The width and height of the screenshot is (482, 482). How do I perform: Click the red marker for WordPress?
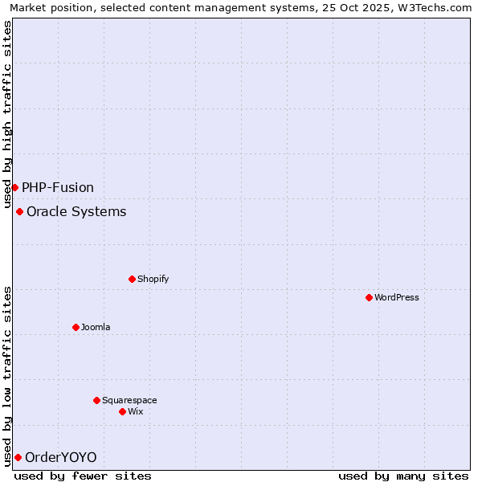pyautogui.click(x=369, y=297)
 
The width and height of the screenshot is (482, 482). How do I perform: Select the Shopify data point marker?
pyautogui.click(x=132, y=279)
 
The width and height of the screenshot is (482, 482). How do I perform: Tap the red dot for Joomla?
pyautogui.click(x=76, y=327)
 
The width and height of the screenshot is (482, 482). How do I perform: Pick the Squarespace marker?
pyautogui.click(x=96, y=400)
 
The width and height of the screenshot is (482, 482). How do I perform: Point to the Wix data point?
pyautogui.click(x=122, y=411)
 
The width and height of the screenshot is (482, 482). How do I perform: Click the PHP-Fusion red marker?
pyautogui.click(x=14, y=187)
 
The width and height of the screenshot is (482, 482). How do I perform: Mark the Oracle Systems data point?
pyautogui.click(x=19, y=211)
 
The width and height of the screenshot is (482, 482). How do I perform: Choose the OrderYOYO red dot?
pyautogui.click(x=18, y=457)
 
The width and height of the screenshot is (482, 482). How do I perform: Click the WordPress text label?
pyautogui.click(x=397, y=297)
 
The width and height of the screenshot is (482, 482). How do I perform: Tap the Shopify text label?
pyautogui.click(x=153, y=279)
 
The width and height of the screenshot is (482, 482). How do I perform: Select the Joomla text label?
pyautogui.click(x=96, y=327)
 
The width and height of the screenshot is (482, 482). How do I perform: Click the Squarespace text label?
pyautogui.click(x=129, y=400)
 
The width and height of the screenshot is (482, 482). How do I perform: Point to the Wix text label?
pyautogui.click(x=136, y=411)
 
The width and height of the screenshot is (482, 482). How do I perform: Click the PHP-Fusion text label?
pyautogui.click(x=58, y=187)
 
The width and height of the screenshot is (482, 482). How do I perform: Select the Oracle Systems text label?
pyautogui.click(x=76, y=211)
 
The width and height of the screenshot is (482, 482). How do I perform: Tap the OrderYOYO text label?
pyautogui.click(x=61, y=457)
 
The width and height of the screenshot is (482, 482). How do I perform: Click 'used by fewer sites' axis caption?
pyautogui.click(x=83, y=476)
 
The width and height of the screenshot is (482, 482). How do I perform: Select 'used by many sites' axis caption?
pyautogui.click(x=403, y=476)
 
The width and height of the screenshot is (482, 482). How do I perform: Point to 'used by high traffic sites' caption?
pyautogui.click(x=8, y=112)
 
